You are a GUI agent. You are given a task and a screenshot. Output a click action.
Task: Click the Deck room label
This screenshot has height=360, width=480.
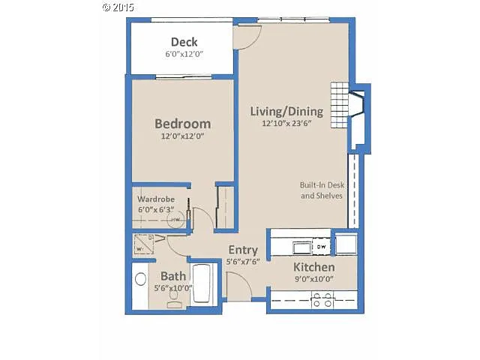[x=184, y=42]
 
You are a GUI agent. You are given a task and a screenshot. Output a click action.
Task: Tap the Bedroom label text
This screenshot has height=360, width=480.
[x=182, y=124]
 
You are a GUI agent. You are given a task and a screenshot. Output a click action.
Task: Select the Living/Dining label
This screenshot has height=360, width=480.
[x=286, y=112]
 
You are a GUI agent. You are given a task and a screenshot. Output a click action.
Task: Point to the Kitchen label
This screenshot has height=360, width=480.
[x=313, y=268]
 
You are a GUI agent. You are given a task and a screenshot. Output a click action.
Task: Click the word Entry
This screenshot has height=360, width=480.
[x=242, y=250]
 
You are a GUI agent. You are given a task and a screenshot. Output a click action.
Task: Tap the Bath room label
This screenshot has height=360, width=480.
[x=172, y=276]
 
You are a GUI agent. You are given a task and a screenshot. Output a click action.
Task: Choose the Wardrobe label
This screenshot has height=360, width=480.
[x=156, y=199]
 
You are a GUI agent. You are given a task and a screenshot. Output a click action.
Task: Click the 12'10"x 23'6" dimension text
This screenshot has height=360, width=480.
[x=286, y=124]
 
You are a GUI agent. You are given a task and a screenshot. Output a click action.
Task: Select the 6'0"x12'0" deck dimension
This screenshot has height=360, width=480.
[x=184, y=55]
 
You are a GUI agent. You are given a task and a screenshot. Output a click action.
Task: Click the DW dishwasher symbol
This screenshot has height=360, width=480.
[x=320, y=246]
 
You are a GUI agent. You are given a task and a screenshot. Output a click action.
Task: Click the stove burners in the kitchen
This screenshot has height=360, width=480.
[x=322, y=300]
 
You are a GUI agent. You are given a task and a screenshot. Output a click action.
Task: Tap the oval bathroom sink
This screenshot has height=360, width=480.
[x=140, y=280]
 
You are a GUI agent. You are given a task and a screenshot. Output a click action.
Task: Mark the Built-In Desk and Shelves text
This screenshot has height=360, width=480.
[x=321, y=190]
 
